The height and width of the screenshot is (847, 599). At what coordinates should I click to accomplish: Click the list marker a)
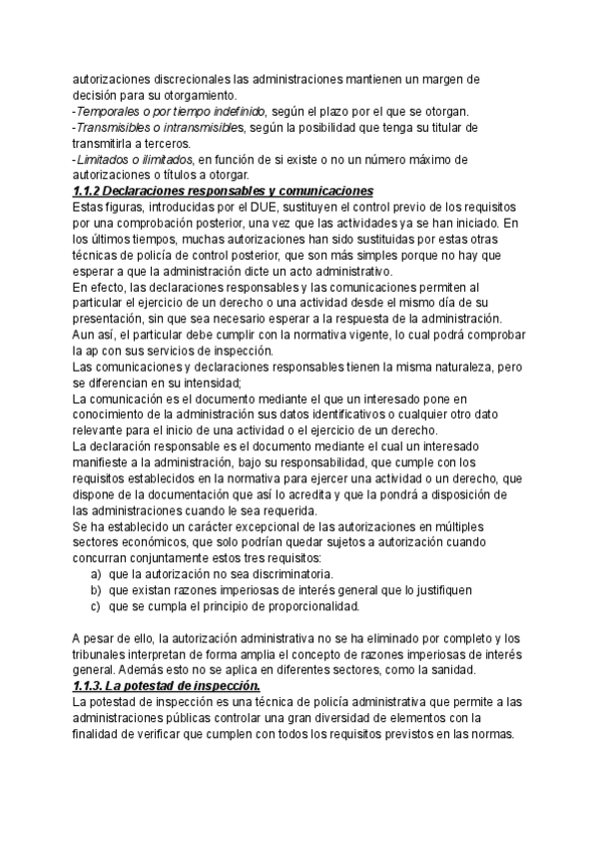pyautogui.click(x=96, y=574)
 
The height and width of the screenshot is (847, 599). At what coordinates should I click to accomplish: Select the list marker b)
pyautogui.click(x=96, y=590)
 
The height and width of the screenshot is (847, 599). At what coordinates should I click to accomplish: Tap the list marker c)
pyautogui.click(x=96, y=606)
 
